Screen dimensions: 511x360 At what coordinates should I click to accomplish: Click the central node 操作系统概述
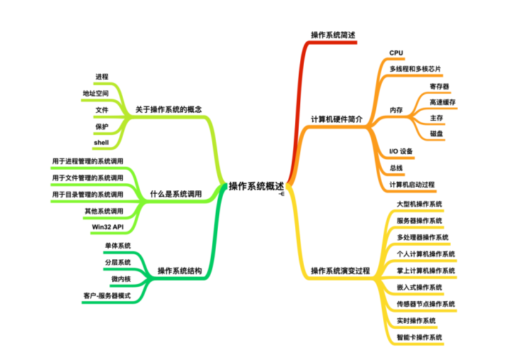(256, 186)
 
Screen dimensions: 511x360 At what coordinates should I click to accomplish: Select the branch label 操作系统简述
(333, 35)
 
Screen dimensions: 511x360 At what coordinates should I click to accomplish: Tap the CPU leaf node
(396, 53)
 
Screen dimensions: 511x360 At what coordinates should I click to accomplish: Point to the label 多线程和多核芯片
(415, 69)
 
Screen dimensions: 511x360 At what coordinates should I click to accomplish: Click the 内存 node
(396, 110)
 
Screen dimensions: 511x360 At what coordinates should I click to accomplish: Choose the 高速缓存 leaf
(443, 102)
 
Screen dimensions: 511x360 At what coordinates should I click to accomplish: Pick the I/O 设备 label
(401, 151)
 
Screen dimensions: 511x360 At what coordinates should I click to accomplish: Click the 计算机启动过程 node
(412, 185)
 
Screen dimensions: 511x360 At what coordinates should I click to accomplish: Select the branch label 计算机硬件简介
(337, 119)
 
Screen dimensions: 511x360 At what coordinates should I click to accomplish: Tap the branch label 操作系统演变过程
(341, 271)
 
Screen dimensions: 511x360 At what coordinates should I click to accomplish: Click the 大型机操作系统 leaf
(419, 204)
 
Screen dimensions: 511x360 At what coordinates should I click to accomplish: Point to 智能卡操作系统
(419, 337)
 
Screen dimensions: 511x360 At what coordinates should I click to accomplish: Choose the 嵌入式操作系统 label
(419, 288)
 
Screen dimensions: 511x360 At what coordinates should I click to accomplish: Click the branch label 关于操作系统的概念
(169, 110)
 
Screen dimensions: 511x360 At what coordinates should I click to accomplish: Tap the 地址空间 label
(96, 93)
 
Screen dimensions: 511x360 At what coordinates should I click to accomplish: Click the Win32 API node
(108, 227)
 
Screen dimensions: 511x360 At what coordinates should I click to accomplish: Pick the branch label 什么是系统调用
(176, 194)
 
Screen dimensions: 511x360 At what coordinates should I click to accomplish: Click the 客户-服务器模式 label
(107, 295)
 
